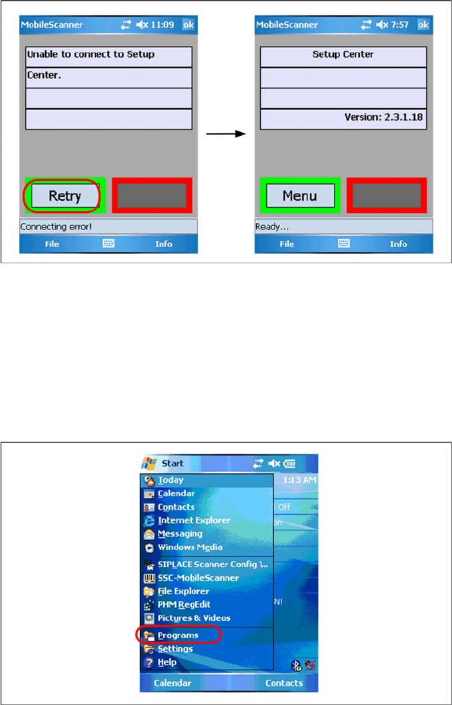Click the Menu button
(299, 196)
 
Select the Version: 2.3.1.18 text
(384, 117)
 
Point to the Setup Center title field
(342, 55)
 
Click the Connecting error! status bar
(109, 226)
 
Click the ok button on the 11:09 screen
(189, 25)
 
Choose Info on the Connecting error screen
(163, 243)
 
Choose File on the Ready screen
(287, 243)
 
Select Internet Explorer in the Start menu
(194, 521)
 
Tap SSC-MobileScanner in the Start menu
(198, 578)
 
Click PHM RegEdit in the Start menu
(183, 605)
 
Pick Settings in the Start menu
(175, 649)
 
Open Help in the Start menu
(167, 663)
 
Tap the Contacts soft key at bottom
(284, 683)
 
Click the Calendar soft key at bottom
(173, 683)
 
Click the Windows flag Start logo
(149, 463)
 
